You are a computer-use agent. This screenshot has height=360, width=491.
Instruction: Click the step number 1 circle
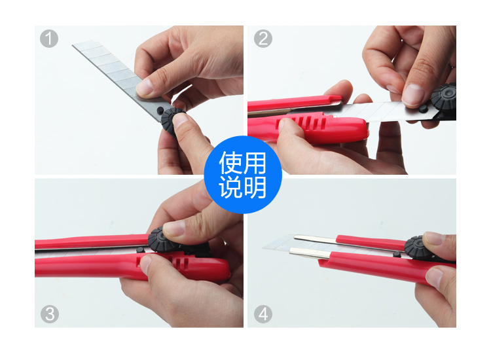click(49, 39)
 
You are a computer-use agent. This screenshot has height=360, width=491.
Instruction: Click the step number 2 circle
click(263, 39)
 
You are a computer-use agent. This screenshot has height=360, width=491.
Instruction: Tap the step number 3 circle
click(50, 314)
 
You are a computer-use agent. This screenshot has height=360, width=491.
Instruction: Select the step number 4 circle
click(263, 314)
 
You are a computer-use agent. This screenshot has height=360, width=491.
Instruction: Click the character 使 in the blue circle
click(231, 162)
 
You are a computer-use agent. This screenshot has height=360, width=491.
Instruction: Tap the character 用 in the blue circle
click(255, 162)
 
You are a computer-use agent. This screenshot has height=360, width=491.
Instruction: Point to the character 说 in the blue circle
click(231, 187)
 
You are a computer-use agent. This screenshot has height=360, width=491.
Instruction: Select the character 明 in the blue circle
click(255, 187)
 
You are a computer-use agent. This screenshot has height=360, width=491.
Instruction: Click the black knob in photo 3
click(160, 240)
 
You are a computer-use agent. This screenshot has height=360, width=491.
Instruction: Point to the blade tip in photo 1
click(73, 45)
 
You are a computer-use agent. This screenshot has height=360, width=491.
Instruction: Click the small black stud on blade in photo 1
click(160, 110)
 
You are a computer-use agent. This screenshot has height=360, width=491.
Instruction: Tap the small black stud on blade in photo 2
click(423, 109)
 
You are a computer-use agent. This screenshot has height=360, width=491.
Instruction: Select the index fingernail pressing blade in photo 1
click(145, 87)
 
